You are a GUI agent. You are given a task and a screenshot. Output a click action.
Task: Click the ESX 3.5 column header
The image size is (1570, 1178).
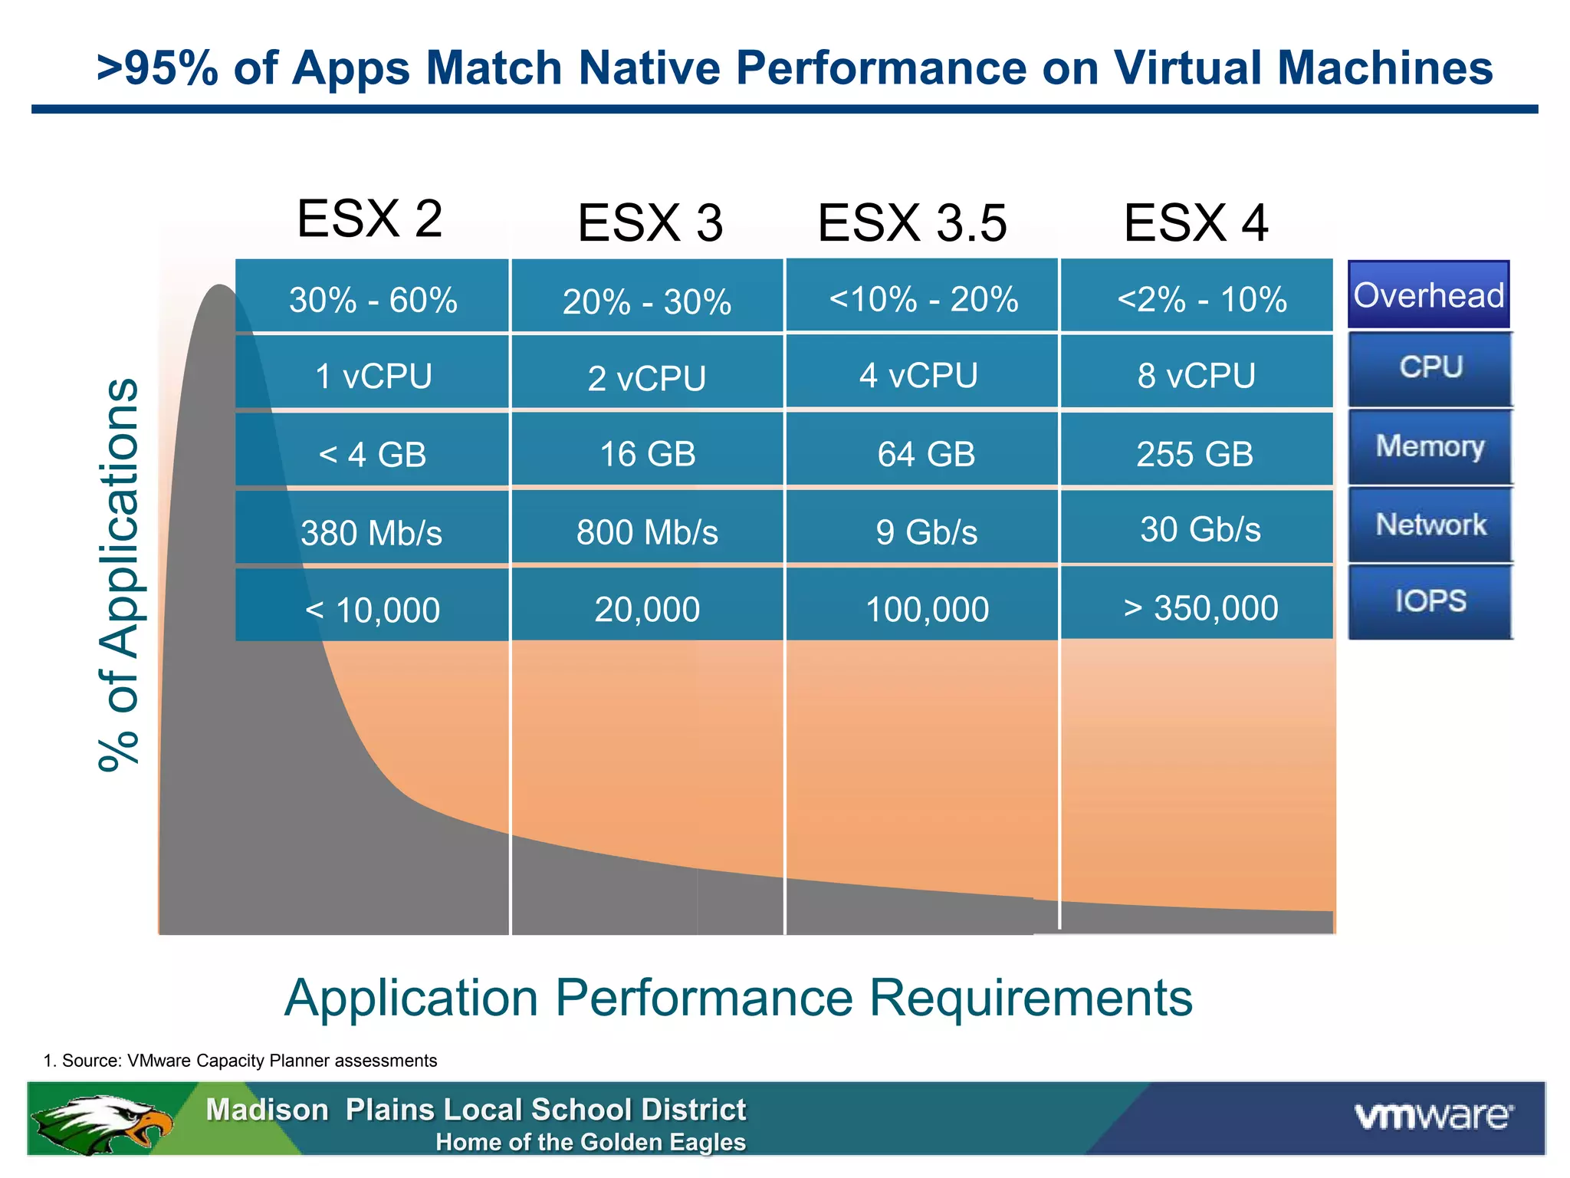(x=912, y=223)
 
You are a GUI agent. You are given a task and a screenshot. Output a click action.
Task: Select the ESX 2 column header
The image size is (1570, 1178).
(x=370, y=219)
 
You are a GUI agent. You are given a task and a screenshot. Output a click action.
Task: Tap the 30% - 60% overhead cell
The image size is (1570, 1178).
(x=373, y=299)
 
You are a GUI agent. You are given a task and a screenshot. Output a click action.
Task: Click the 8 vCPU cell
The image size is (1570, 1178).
(x=1197, y=375)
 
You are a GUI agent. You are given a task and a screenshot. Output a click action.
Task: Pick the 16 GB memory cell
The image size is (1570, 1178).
(x=647, y=453)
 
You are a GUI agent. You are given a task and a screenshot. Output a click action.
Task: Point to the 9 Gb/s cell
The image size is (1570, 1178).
(x=926, y=531)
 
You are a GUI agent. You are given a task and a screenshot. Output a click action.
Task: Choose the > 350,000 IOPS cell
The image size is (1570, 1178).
(x=1200, y=607)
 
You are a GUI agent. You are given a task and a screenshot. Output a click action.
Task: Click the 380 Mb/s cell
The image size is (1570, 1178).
(x=372, y=532)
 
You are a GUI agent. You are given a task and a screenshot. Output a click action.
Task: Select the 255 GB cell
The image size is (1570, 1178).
(x=1194, y=453)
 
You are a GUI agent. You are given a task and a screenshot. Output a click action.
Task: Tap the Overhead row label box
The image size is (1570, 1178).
(x=1429, y=295)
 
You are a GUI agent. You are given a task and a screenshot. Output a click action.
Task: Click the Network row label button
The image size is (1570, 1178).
(x=1430, y=525)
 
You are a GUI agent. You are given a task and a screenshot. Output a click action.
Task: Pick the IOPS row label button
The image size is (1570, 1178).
(x=1430, y=601)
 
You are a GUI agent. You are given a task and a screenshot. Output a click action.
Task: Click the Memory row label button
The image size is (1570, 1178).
(x=1430, y=446)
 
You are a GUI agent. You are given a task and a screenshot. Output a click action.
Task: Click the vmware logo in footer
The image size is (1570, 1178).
(x=1434, y=1116)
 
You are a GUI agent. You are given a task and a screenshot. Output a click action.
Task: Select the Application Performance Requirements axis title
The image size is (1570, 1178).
(x=738, y=998)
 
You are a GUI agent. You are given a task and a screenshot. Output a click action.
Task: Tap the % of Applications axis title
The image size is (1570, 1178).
(x=120, y=575)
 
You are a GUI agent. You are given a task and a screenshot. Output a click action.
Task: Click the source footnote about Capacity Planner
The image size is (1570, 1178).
(x=241, y=1061)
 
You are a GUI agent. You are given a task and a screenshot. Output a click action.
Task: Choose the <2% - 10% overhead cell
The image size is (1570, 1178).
(x=1201, y=299)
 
